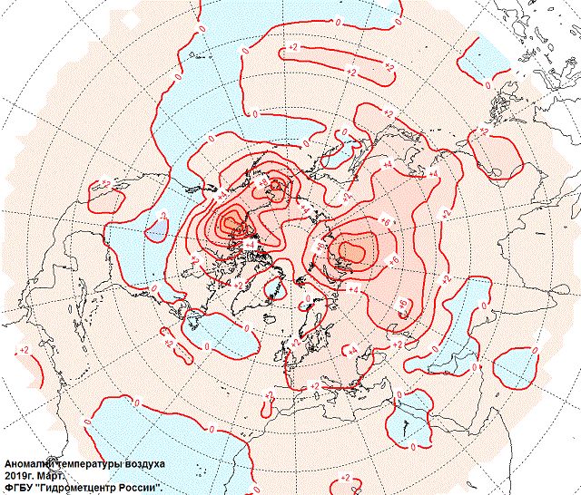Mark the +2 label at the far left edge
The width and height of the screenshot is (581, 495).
click(24, 349)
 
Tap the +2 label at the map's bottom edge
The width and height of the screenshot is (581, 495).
click(345, 478)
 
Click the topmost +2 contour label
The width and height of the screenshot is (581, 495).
click(293, 45)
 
